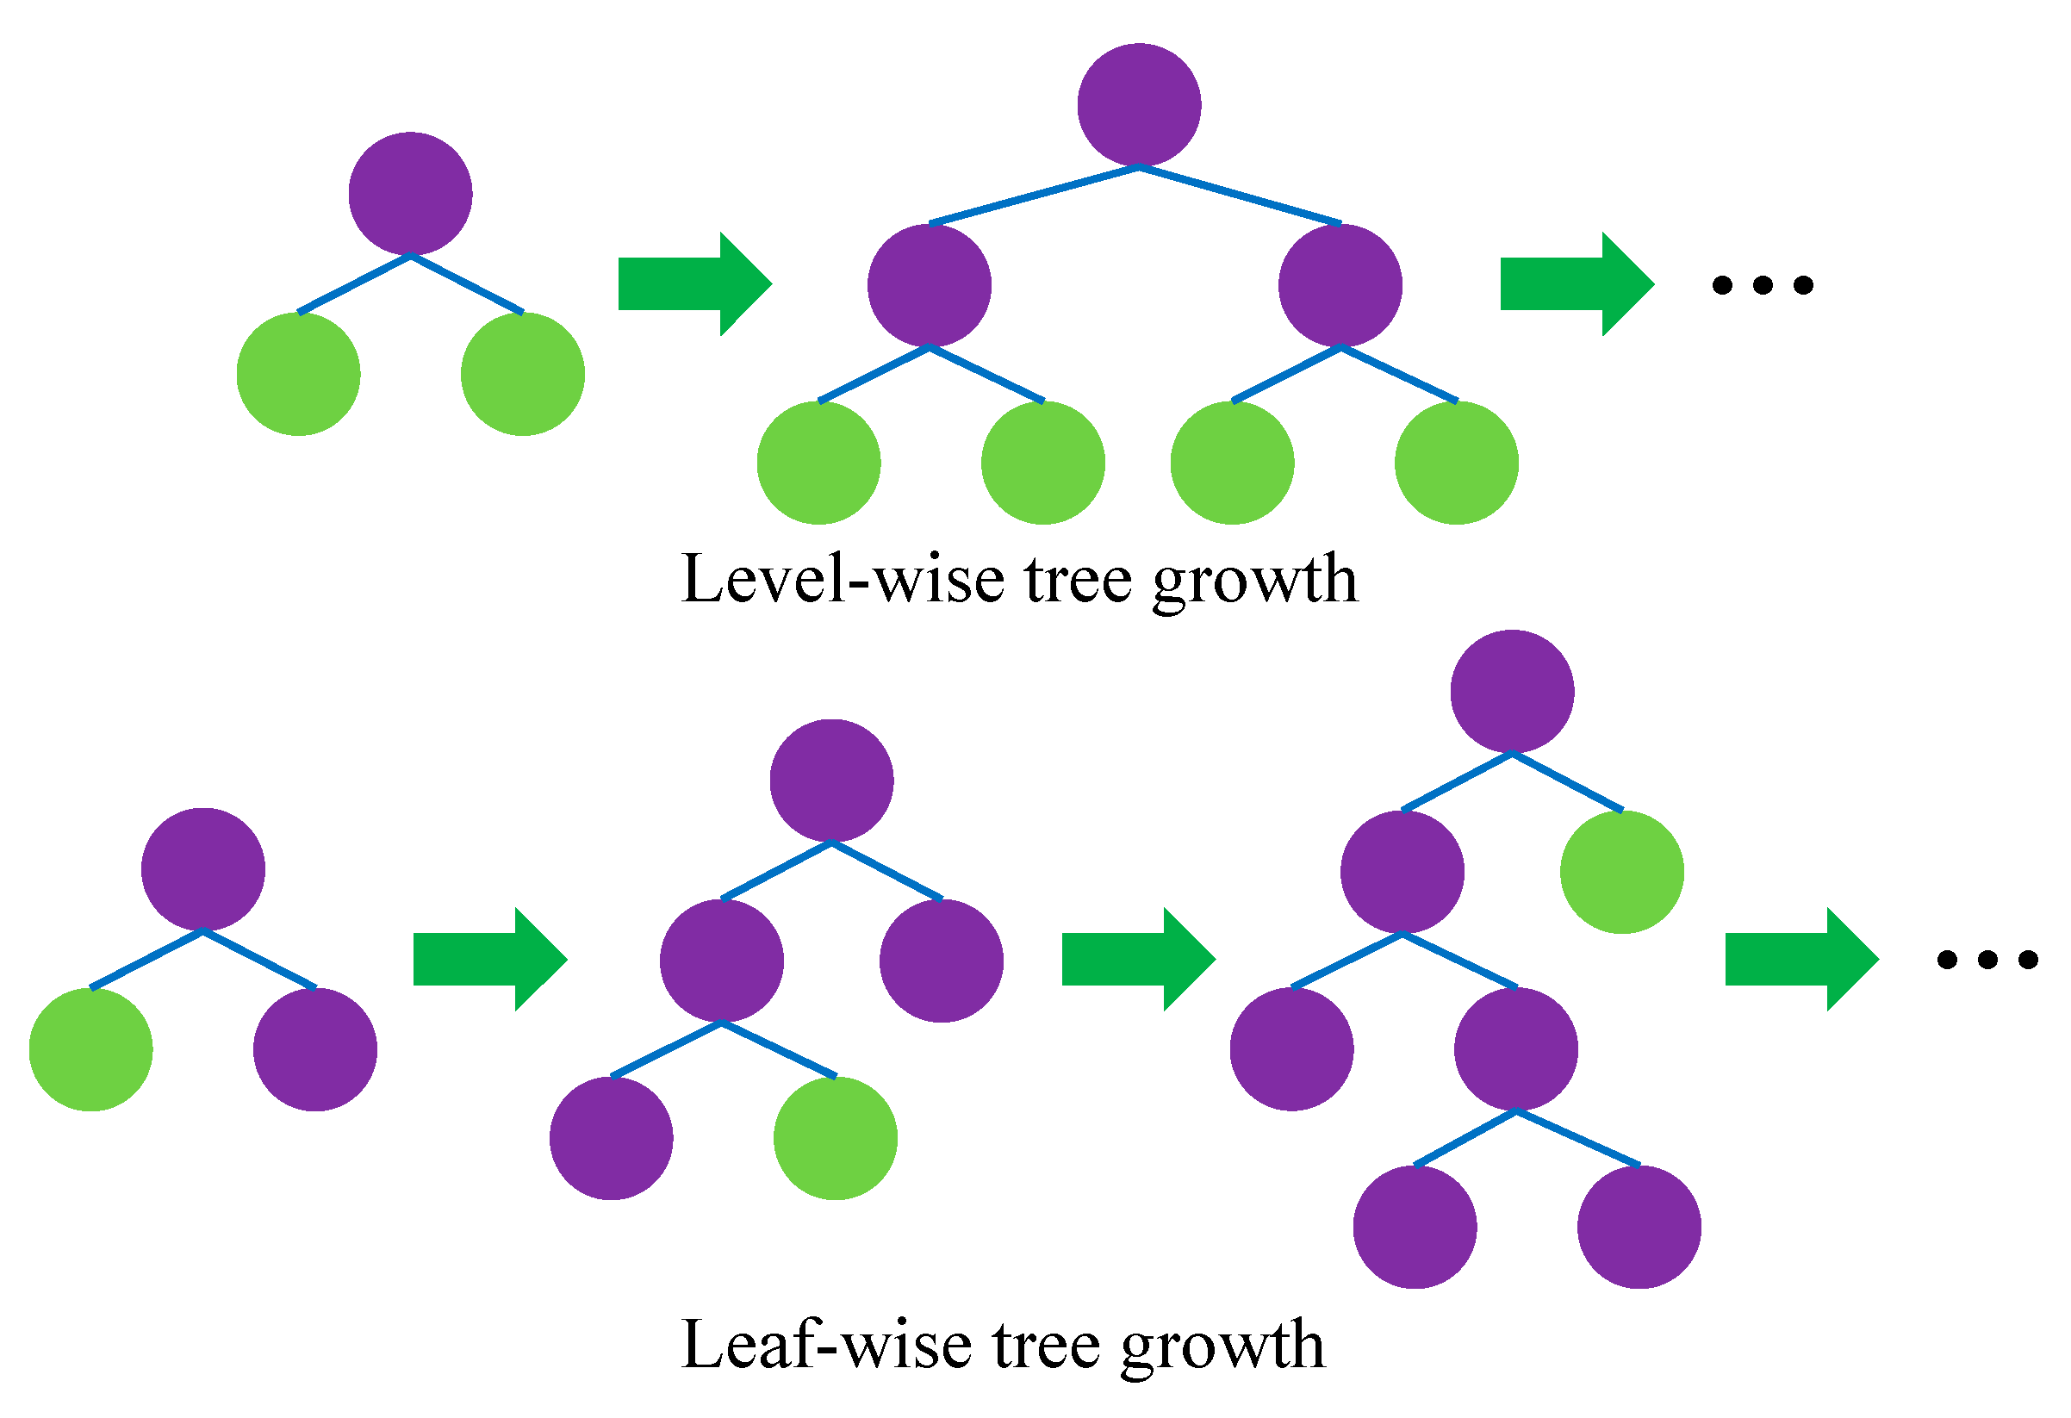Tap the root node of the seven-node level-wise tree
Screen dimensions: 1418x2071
coord(1139,105)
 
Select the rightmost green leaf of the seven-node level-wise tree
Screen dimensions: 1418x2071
coord(1456,463)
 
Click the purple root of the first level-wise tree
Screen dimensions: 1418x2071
coord(410,194)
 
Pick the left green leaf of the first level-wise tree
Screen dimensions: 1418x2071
coord(299,373)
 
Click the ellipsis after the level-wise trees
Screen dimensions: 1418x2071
coord(1762,285)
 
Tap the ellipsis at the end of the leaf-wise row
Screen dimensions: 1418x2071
coord(1987,959)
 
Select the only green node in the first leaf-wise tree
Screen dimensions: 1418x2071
coord(91,1049)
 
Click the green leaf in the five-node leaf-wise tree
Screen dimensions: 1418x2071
coord(835,1138)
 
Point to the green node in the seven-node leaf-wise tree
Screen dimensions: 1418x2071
coord(1622,872)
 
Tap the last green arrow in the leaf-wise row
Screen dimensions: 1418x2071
coord(1800,959)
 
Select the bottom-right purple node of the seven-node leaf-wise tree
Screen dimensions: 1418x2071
coord(1639,1228)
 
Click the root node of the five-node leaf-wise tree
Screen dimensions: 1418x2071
coord(831,781)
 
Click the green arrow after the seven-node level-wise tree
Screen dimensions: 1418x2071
coord(1576,284)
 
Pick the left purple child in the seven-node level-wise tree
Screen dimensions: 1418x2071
coord(930,285)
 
